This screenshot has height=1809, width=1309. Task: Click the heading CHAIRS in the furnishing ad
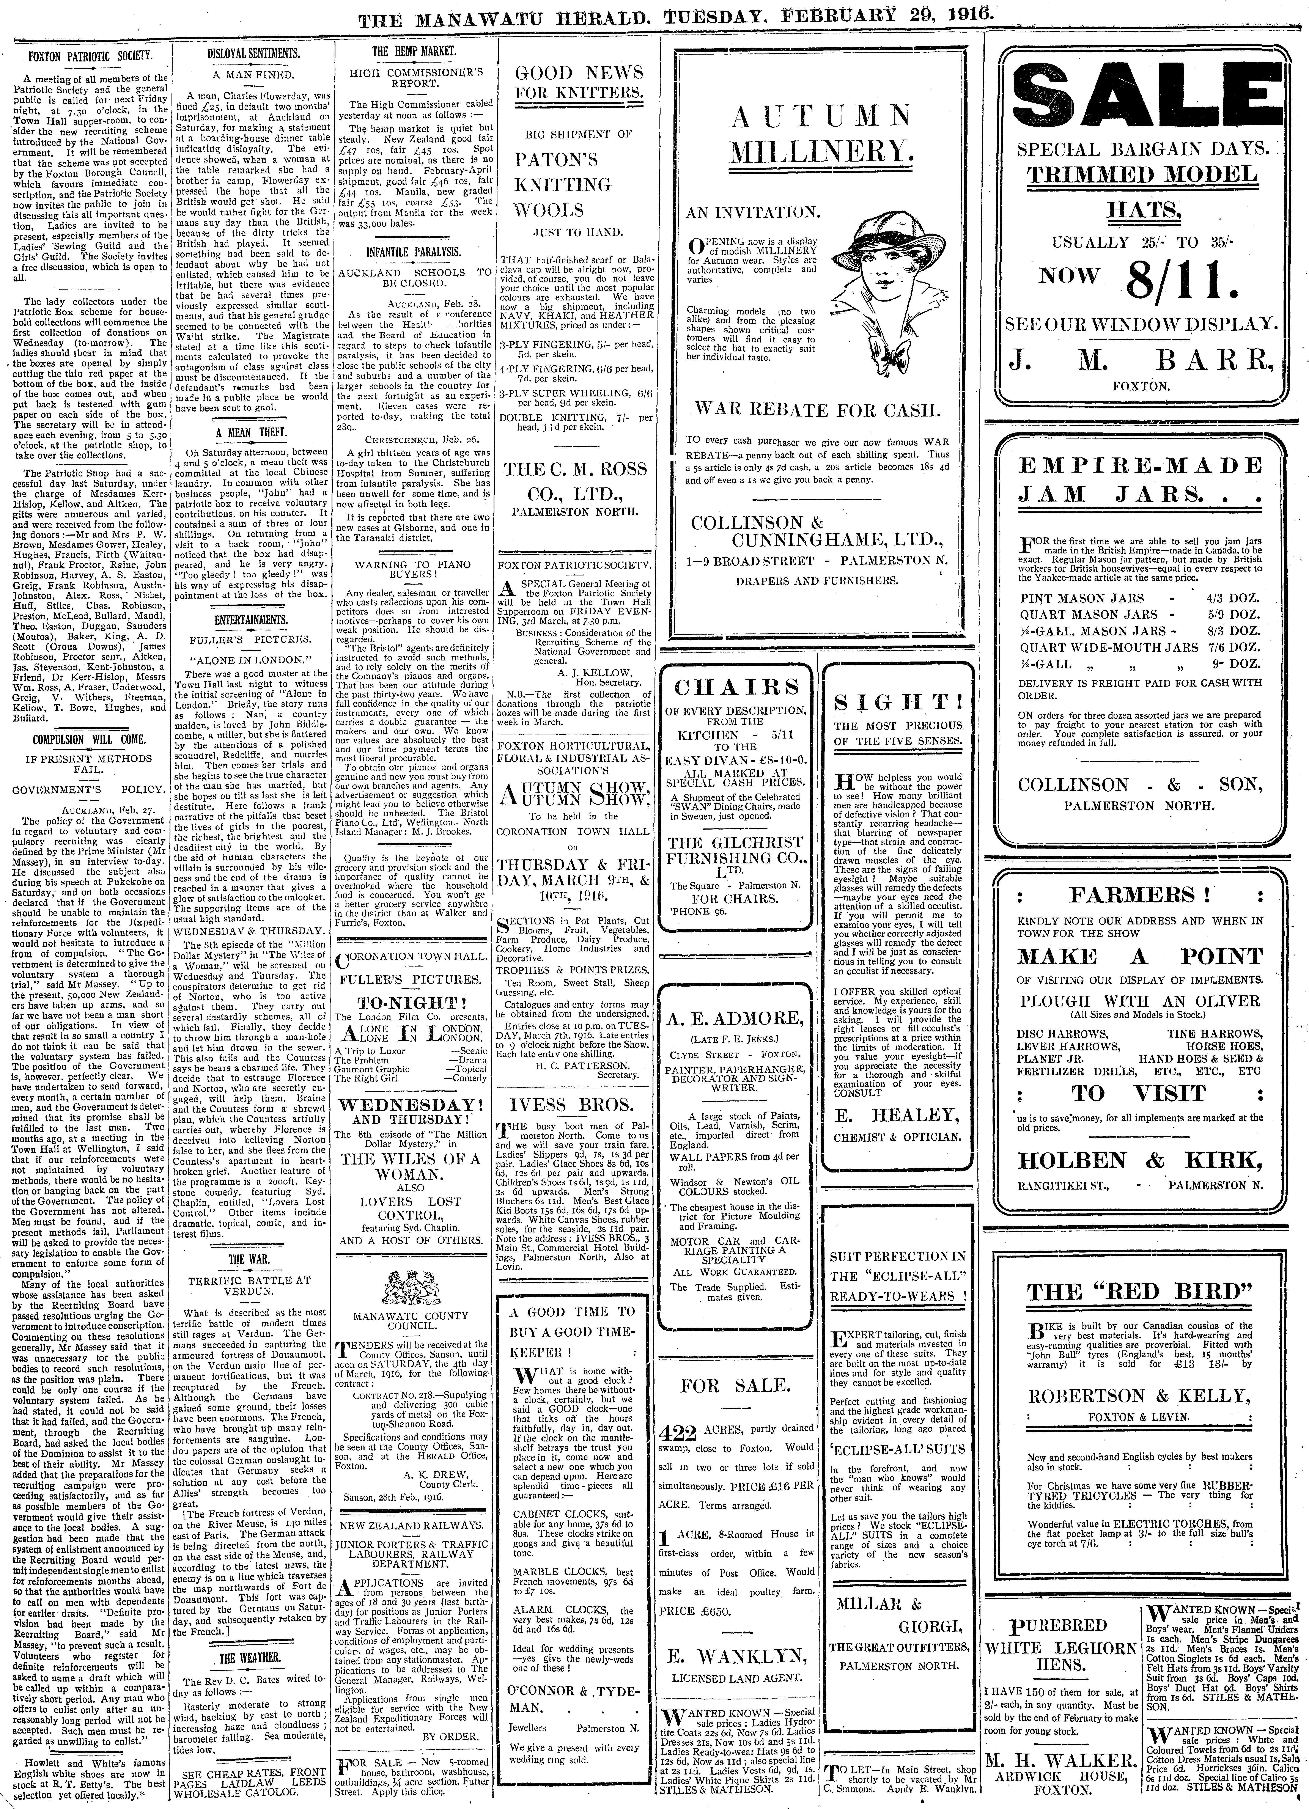pos(736,687)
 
